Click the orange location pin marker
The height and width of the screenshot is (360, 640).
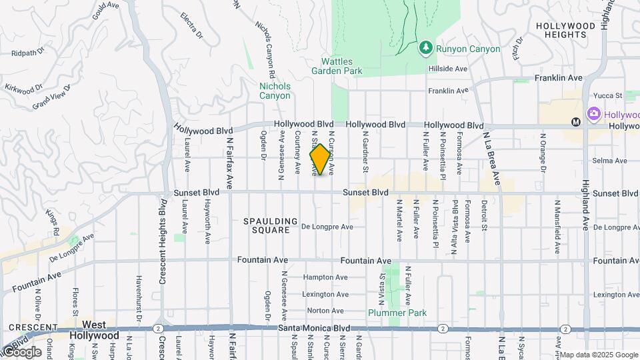point(320,160)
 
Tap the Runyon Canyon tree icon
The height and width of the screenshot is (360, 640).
point(425,48)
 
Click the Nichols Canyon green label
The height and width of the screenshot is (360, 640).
point(275,91)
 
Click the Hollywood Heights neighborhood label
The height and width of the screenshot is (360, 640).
point(565,31)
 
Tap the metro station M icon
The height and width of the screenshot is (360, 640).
point(577,121)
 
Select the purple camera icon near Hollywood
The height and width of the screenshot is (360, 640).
point(593,115)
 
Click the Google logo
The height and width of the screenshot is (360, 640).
point(21,351)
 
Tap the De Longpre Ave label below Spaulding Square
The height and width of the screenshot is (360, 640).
point(327,227)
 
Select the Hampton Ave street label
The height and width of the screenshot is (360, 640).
point(325,277)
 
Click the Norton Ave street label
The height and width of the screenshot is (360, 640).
point(325,311)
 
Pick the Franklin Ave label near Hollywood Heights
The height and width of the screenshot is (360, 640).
point(559,78)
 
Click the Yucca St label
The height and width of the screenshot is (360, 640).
point(609,96)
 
